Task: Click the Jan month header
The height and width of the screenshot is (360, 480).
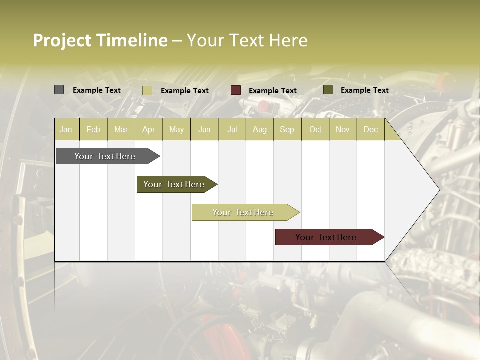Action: coord(66,129)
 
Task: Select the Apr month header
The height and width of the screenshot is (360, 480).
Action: coord(149,129)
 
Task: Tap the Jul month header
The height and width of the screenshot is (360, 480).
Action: coord(232,129)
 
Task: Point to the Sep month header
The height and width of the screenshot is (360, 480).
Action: coord(287,129)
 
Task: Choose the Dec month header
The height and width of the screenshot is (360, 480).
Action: coord(370,129)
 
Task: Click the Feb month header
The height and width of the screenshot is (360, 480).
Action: coord(93,129)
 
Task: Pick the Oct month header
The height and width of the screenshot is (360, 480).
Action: coord(315,129)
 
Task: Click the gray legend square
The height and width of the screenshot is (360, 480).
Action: coord(59,90)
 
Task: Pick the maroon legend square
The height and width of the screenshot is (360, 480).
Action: coord(236,90)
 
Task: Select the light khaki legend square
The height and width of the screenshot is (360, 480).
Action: coord(147,90)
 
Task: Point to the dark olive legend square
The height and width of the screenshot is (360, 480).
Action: coord(328,90)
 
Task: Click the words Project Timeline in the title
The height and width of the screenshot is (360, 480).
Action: coord(100,40)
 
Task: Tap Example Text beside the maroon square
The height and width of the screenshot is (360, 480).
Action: coord(272,91)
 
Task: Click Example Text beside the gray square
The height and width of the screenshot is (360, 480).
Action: coord(97,90)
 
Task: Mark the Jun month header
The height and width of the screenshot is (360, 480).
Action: coord(204,129)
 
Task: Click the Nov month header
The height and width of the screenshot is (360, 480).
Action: coord(343,129)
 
